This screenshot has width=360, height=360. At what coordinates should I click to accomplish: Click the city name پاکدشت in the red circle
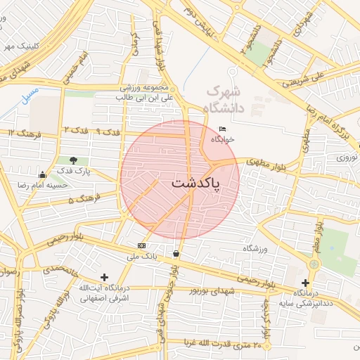click(195, 183)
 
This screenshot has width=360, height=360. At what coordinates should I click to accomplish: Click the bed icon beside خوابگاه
click(223, 129)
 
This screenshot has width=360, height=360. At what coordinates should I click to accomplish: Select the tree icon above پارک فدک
click(74, 161)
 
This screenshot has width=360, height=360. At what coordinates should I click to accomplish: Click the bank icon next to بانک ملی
click(142, 245)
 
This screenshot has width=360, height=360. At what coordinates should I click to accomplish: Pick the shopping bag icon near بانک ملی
click(176, 253)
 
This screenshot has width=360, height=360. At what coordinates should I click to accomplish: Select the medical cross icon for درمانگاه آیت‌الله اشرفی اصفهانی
click(105, 278)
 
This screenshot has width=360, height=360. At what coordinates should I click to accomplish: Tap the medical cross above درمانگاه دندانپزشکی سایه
click(305, 283)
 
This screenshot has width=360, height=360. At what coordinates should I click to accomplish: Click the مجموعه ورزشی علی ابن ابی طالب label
click(146, 93)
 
